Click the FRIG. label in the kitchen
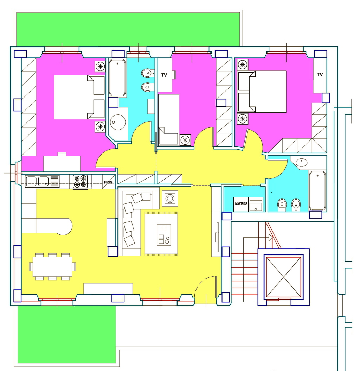(x=109, y=182)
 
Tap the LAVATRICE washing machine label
(x=240, y=204)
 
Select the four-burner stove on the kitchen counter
(x=80, y=182)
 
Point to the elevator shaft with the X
(x=283, y=277)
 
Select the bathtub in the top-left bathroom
(x=117, y=77)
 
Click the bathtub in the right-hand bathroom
(x=317, y=191)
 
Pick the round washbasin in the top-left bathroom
(x=118, y=122)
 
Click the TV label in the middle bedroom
(x=164, y=75)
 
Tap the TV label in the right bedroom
(x=320, y=75)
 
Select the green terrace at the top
(x=128, y=29)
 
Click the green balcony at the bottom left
(x=67, y=334)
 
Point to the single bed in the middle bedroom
(x=168, y=119)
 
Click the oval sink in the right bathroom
(x=301, y=163)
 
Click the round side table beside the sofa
(x=170, y=198)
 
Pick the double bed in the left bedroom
(x=79, y=97)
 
